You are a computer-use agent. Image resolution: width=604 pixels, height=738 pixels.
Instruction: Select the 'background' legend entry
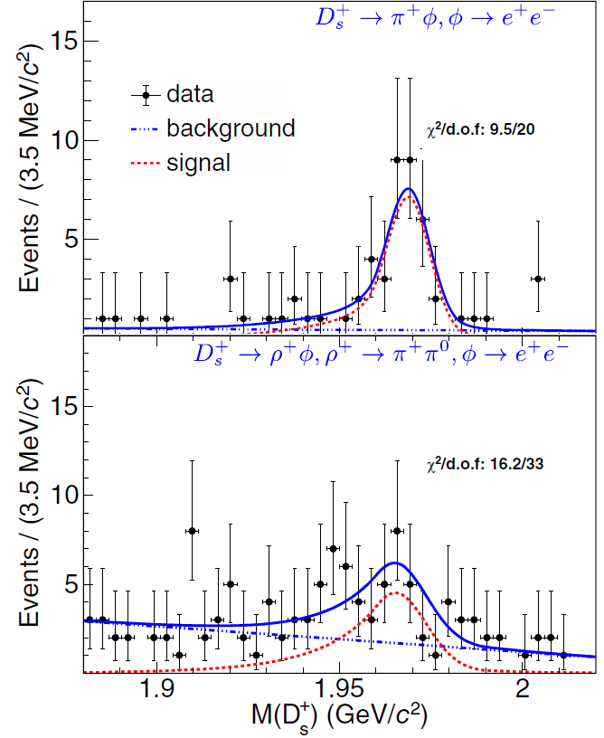coord(230,128)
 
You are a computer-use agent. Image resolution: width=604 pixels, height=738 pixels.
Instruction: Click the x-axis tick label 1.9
coord(157,689)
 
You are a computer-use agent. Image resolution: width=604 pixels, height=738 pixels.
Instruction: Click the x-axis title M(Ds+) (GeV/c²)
coord(339,716)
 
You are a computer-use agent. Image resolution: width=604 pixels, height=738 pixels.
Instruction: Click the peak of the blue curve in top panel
coord(409,189)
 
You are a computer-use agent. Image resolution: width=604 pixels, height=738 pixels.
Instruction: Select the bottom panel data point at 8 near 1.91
coord(192,531)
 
